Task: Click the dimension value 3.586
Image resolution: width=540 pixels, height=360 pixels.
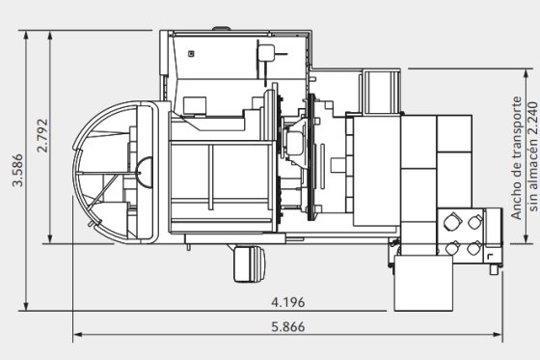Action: tap(17, 170)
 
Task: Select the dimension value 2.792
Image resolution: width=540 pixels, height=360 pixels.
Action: tap(42, 135)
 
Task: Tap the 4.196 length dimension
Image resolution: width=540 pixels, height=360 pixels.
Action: tap(288, 302)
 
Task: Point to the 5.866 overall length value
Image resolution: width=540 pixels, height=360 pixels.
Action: tap(288, 327)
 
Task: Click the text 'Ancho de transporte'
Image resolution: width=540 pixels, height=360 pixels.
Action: tap(517, 158)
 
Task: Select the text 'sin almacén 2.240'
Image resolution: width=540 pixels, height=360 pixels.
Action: tap(532, 157)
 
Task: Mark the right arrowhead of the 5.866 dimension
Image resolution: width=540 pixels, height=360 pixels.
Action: tap(498, 334)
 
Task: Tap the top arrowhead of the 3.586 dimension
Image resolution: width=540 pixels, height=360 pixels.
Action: tap(26, 35)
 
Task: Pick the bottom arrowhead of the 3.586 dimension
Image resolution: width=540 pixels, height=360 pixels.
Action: tap(26, 306)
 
